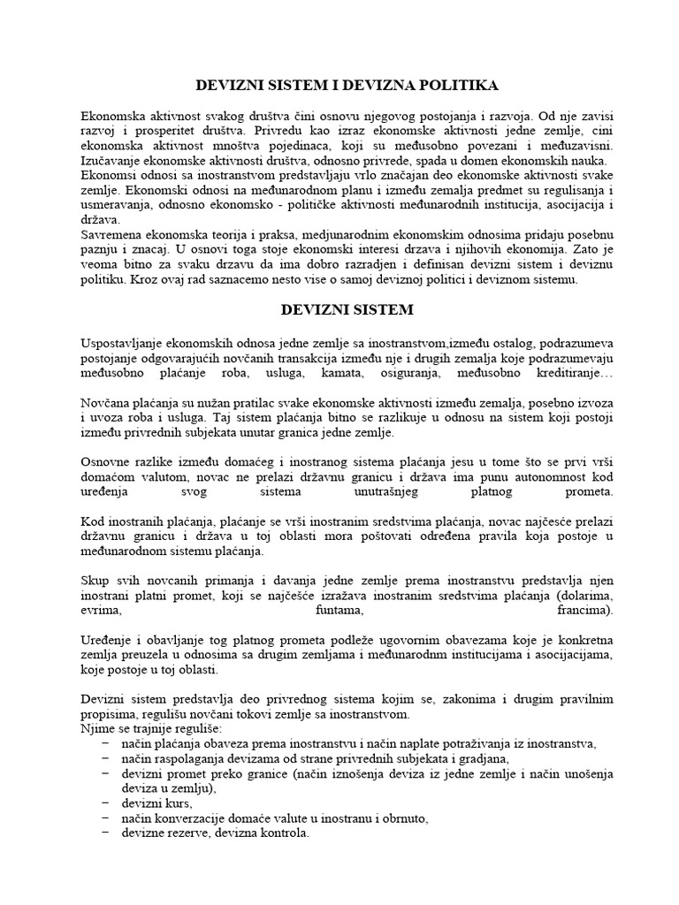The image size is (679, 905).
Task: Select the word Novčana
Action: (x=104, y=402)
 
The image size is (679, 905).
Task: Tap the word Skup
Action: (x=95, y=581)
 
